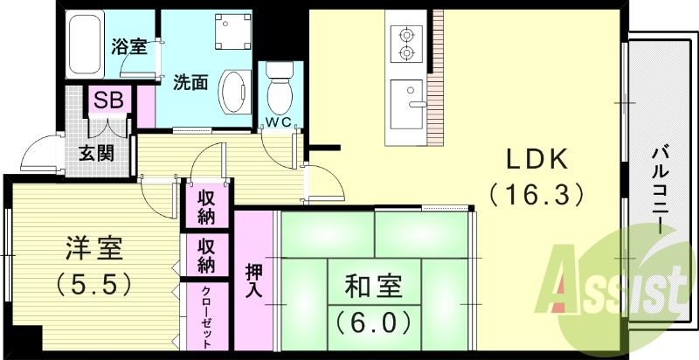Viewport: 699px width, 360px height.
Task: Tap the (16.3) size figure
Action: (536, 193)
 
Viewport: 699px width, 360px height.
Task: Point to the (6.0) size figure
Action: (373, 322)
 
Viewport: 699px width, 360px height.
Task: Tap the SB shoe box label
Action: (108, 100)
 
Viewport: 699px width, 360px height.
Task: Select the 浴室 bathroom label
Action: (128, 47)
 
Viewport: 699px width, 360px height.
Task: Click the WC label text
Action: (280, 119)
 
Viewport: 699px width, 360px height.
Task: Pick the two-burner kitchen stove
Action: (406, 45)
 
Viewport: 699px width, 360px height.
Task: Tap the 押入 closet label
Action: (253, 280)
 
